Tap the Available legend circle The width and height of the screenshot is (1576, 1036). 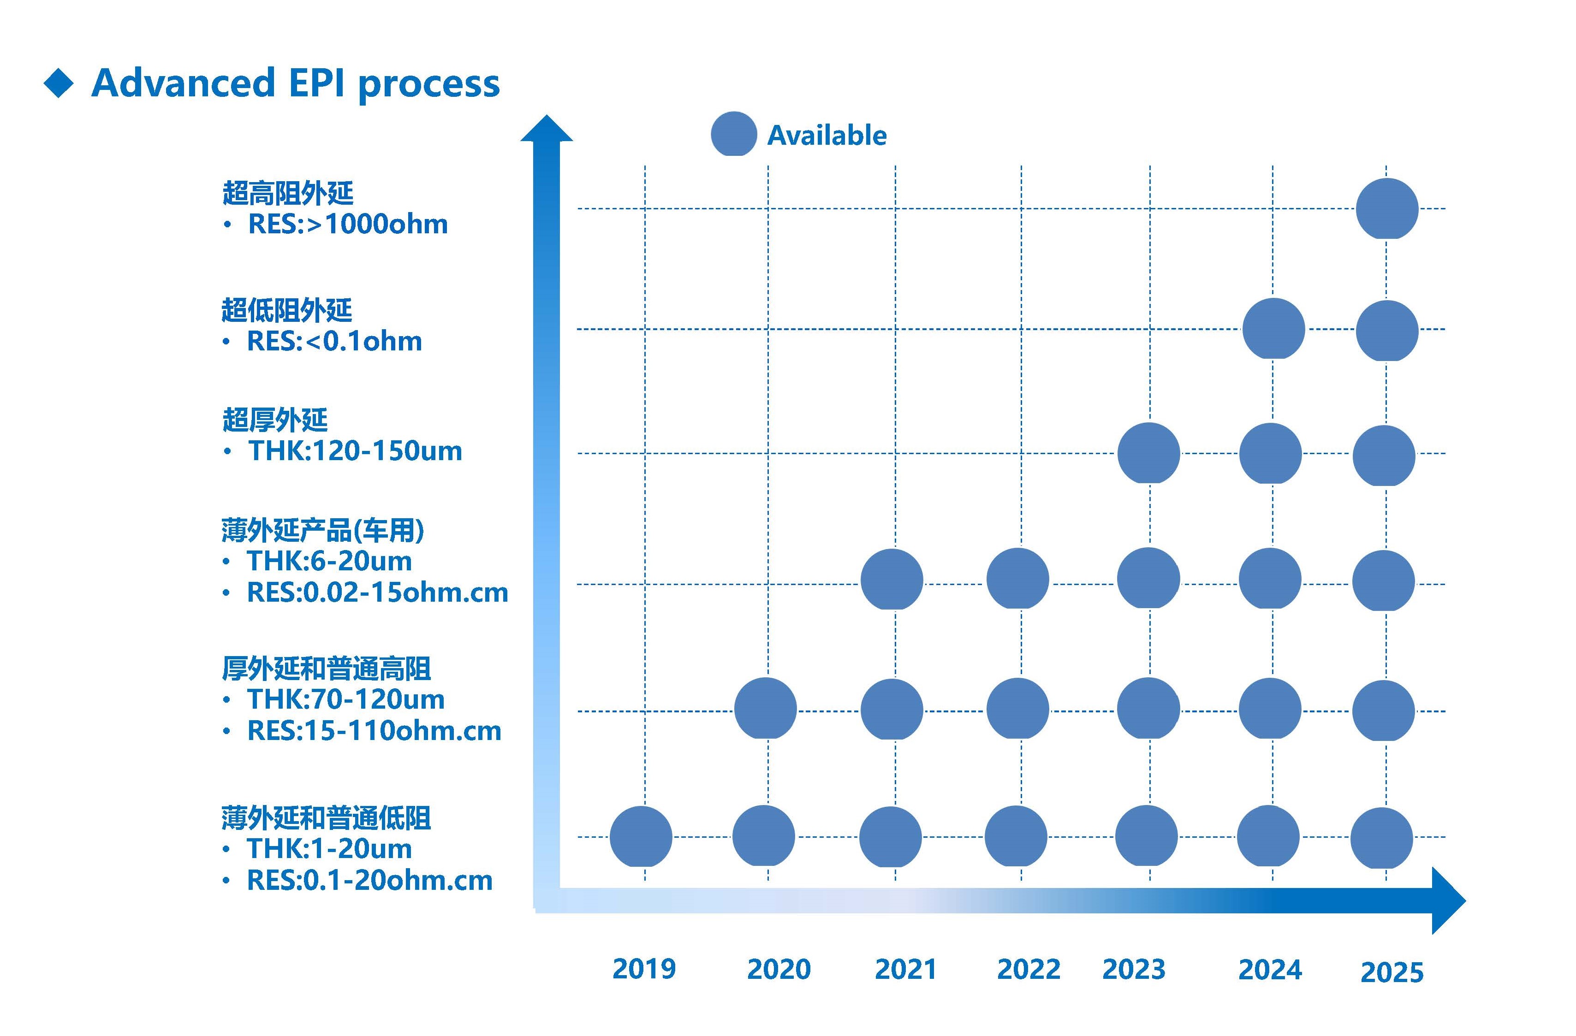[x=734, y=134]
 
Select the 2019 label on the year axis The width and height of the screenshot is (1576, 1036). [x=644, y=969]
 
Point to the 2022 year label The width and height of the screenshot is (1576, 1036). [x=1029, y=969]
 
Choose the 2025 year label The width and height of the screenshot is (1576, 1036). [x=1391, y=972]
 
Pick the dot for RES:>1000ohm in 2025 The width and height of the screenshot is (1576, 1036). [x=1386, y=208]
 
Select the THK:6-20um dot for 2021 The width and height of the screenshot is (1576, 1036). [x=891, y=579]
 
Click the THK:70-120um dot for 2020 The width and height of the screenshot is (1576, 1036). [x=765, y=708]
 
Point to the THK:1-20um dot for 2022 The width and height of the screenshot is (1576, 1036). [x=1016, y=836]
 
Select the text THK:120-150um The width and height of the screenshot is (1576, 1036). [x=355, y=451]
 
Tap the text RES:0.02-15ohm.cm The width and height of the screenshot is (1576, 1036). [x=377, y=592]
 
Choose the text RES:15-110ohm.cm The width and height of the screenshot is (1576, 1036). [x=374, y=731]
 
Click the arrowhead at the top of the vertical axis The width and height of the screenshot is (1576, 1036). [x=546, y=128]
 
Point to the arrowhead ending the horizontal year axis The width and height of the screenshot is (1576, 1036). [x=1449, y=901]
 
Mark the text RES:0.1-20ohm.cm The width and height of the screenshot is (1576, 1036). [x=369, y=881]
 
